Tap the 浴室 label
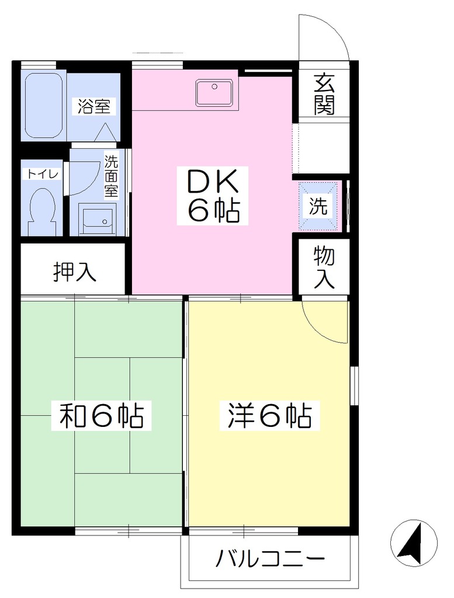(x=94, y=107)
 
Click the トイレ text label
(x=42, y=174)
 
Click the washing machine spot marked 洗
(x=318, y=206)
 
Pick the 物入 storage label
(x=324, y=267)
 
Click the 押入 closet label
(x=74, y=271)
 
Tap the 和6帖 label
(x=102, y=415)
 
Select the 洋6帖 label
(x=270, y=415)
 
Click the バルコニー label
(x=270, y=559)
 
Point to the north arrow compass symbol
(x=414, y=543)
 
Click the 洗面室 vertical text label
(x=112, y=176)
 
